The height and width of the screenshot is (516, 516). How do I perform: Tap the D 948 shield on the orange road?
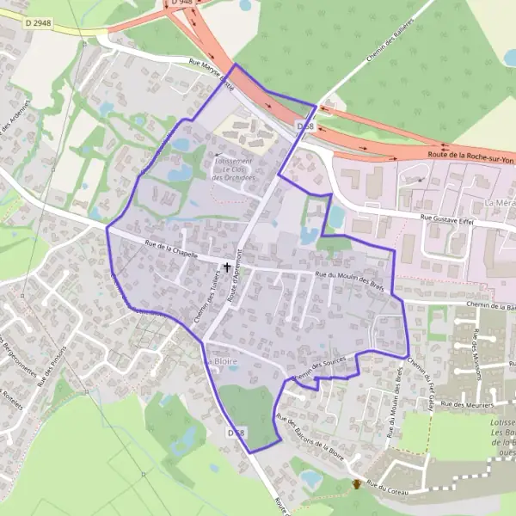182,3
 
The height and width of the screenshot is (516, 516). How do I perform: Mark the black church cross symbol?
227,267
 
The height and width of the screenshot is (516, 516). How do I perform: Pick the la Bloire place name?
219,362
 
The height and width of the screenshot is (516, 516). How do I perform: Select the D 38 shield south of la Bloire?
236,433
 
